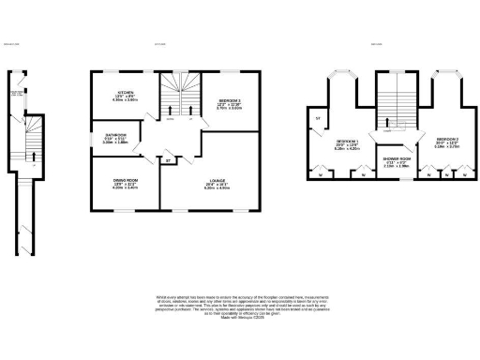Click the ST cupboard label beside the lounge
click(x=168, y=161)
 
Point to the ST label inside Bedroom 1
click(x=317, y=118)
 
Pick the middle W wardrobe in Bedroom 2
click(x=446, y=173)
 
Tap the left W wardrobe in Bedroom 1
click(x=322, y=173)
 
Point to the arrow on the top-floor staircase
click(x=395, y=117)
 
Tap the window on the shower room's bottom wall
click(x=394, y=178)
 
